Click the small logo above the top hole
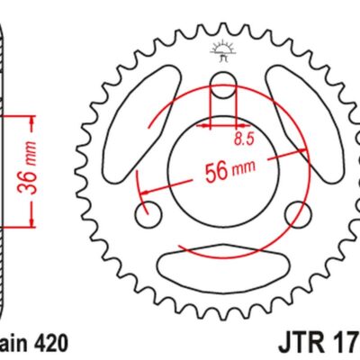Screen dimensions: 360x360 [222, 49]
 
